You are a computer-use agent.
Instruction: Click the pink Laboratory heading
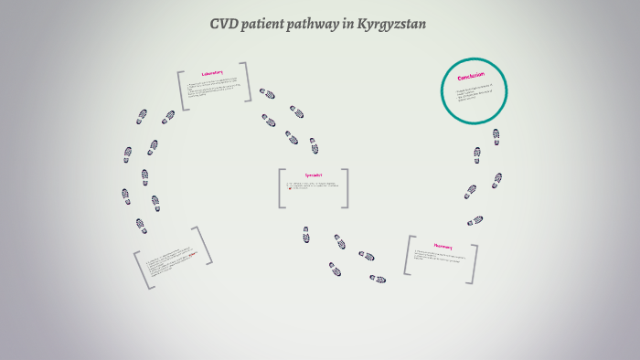click(213, 75)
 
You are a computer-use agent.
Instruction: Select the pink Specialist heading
click(313, 175)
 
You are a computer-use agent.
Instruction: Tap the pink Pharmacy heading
click(443, 246)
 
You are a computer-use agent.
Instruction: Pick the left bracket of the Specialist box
click(282, 188)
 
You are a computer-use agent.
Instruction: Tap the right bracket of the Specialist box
click(346, 188)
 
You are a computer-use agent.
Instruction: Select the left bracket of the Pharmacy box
click(408, 255)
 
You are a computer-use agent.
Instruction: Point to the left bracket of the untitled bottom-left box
click(142, 271)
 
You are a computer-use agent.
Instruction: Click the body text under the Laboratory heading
click(215, 90)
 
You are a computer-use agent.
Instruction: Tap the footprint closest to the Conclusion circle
click(496, 136)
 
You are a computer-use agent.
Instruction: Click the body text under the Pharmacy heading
click(441, 257)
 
